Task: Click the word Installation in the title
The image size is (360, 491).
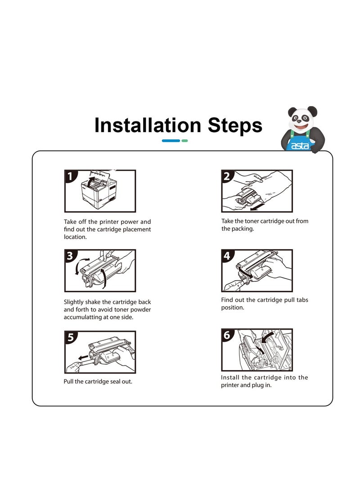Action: (x=148, y=125)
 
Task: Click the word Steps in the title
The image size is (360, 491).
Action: (x=235, y=125)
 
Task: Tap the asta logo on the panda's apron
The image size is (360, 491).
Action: (x=300, y=146)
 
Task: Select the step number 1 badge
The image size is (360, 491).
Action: (x=70, y=176)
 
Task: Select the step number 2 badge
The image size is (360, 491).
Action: (x=227, y=176)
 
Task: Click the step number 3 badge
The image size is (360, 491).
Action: (x=70, y=256)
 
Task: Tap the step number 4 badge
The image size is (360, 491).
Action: (x=227, y=256)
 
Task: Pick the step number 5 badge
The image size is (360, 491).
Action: (x=70, y=337)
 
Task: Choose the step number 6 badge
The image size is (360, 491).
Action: (x=227, y=335)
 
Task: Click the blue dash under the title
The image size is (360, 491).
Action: (x=171, y=141)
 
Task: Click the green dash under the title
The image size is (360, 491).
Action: (x=184, y=141)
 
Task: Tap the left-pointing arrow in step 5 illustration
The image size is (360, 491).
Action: (x=83, y=357)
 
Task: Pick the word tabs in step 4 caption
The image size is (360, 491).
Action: (x=302, y=299)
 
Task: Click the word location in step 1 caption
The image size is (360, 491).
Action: (x=76, y=237)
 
